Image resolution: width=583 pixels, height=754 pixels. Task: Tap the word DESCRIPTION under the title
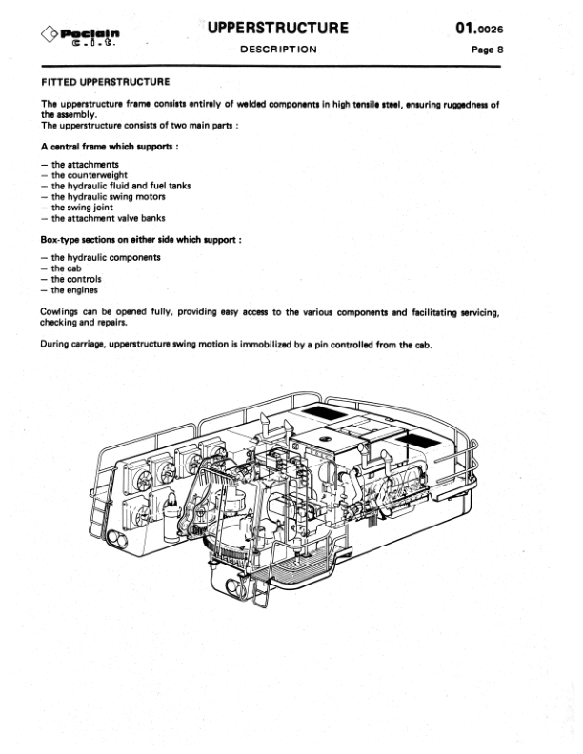[278, 50]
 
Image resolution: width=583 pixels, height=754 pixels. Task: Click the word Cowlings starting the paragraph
[62, 311]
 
